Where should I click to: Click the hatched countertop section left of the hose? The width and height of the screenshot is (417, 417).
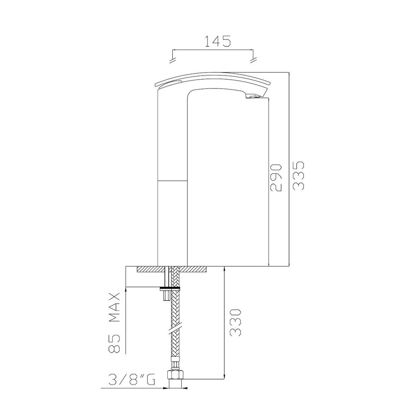pos(148,269)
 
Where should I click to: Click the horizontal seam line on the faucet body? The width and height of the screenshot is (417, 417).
pos(172,179)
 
